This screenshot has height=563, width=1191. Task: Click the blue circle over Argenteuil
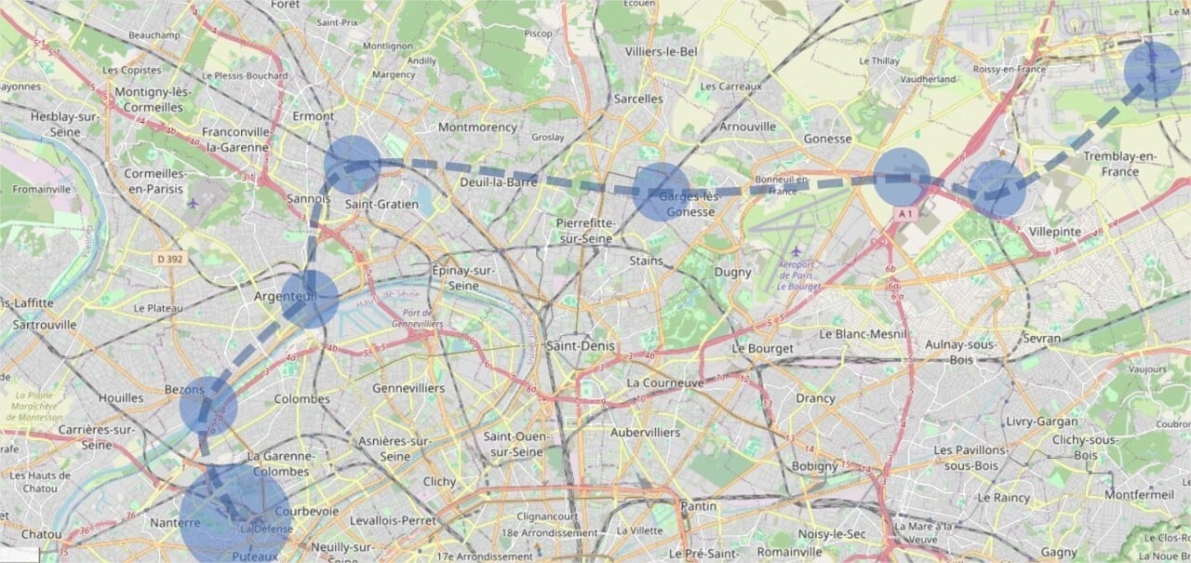click(x=309, y=299)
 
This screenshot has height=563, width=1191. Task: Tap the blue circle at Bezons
click(x=208, y=406)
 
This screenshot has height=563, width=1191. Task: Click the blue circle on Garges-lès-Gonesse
click(x=662, y=192)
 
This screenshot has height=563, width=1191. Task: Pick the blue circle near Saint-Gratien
click(x=353, y=164)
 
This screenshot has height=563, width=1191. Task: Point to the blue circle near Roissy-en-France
click(x=1153, y=71)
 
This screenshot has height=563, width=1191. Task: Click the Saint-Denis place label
click(x=582, y=346)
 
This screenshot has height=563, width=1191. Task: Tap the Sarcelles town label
click(x=638, y=98)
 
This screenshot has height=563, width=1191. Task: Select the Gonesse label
click(x=827, y=139)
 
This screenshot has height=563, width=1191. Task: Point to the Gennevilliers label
click(x=408, y=387)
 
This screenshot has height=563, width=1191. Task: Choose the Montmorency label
click(x=476, y=127)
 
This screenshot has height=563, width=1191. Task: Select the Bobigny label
click(x=815, y=466)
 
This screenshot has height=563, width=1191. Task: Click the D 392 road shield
click(x=168, y=259)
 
